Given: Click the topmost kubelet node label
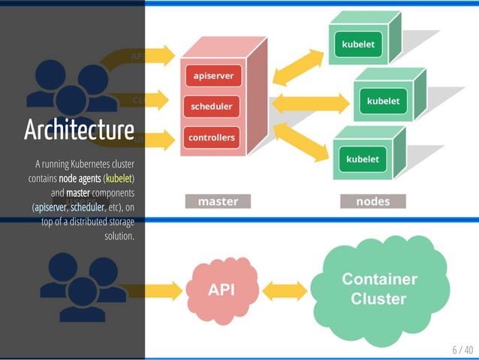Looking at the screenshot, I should click(x=358, y=44).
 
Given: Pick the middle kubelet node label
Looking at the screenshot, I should click(x=383, y=101).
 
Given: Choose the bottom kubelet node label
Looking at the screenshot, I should click(x=363, y=159).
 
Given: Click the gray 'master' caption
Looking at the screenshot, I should click(x=218, y=201).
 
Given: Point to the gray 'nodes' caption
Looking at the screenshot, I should click(x=372, y=201).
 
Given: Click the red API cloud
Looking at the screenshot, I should click(x=220, y=289).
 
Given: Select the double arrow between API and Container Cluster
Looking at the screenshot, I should click(x=285, y=291).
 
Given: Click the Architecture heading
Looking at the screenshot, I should click(x=79, y=129).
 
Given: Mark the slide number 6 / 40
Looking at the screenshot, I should click(x=462, y=349).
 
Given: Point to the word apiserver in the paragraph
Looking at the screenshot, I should click(x=50, y=207).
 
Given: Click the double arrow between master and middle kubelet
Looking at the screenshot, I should click(x=310, y=103).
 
